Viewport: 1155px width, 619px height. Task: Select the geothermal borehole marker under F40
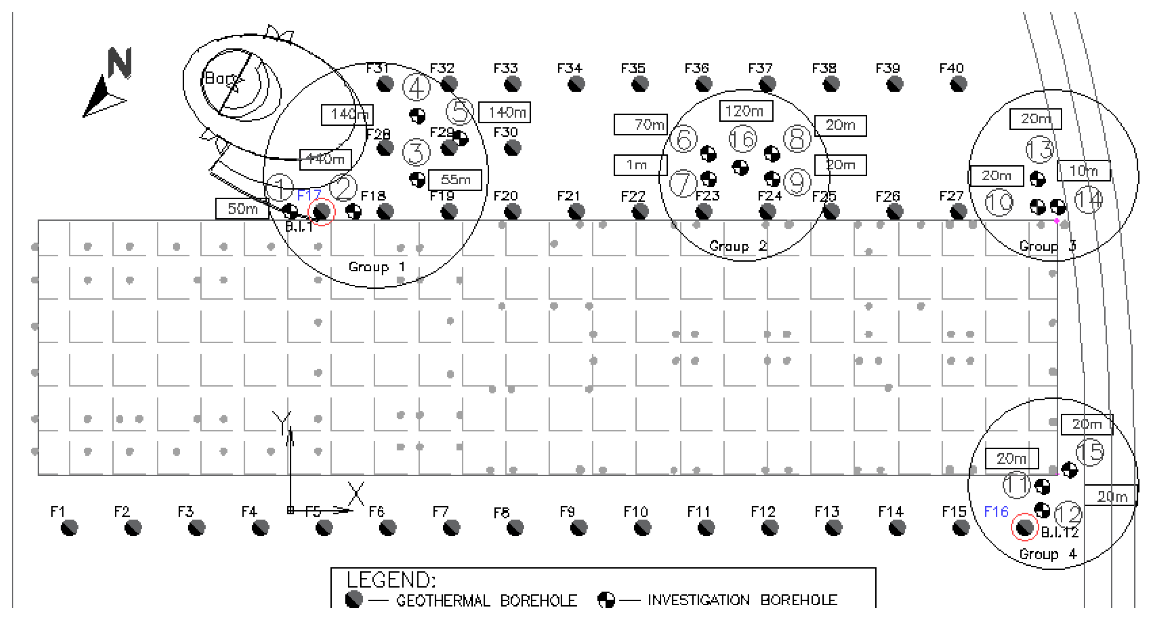pos(958,84)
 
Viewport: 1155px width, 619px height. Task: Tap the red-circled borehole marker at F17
pos(322,212)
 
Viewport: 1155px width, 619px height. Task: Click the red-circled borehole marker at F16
pos(1024,527)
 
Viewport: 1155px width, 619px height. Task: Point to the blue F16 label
pos(996,511)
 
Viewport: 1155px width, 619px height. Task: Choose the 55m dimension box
pos(455,180)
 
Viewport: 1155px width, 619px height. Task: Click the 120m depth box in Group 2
pos(746,111)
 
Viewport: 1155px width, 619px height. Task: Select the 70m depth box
pos(641,124)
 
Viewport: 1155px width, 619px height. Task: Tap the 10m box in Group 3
pos(1084,171)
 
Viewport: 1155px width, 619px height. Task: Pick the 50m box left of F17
pos(242,208)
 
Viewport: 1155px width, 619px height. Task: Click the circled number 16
pos(743,139)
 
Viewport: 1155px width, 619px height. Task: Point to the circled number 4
pos(416,88)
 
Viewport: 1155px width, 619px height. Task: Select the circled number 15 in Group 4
pos(1090,452)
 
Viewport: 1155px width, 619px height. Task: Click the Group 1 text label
pos(377,267)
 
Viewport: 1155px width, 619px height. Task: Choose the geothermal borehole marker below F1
pos(69,527)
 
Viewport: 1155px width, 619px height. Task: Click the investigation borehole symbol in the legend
pos(606,600)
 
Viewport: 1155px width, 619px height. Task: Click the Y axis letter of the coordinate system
pos(282,422)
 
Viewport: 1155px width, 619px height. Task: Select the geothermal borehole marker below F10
pos(642,527)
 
